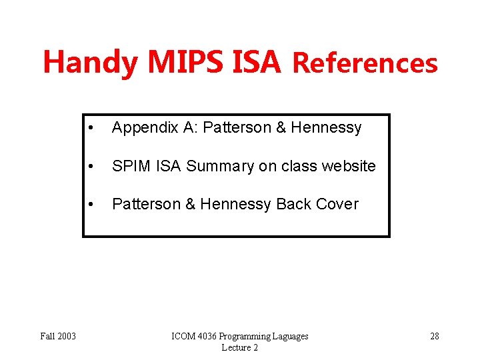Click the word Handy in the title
coord(91,63)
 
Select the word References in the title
coord(365,63)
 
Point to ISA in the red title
coord(257,63)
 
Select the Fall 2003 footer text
coord(58,336)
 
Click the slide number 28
coord(434,336)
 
